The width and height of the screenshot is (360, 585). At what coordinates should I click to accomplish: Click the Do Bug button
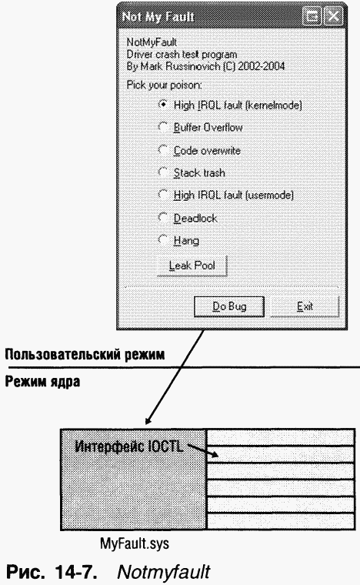click(x=229, y=306)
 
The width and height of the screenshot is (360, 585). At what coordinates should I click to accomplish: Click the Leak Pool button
click(x=192, y=266)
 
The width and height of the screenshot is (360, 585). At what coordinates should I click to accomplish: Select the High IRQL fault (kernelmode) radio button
click(x=163, y=105)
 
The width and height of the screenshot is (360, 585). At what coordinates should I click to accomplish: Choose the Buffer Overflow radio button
click(x=163, y=127)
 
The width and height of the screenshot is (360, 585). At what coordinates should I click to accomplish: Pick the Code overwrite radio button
click(x=163, y=149)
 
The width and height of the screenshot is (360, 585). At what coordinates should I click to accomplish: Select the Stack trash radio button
click(x=163, y=172)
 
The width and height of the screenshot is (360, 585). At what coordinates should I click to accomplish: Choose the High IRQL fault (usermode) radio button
click(x=163, y=195)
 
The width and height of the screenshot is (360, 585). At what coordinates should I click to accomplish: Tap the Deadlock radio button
click(x=163, y=217)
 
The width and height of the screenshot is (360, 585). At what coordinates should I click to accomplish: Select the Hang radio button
click(x=163, y=239)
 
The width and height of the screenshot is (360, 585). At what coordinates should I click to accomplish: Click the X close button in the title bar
click(x=333, y=16)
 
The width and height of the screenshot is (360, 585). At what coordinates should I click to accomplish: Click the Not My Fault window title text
click(x=158, y=17)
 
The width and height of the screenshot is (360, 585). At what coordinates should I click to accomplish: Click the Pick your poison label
click(x=164, y=85)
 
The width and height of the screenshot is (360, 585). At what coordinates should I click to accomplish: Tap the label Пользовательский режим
click(x=85, y=354)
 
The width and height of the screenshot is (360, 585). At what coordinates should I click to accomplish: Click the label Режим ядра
click(x=42, y=382)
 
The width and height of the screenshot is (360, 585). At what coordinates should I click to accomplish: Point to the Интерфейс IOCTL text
click(x=129, y=446)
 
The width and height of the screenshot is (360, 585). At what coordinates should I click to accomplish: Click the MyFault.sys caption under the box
click(x=135, y=543)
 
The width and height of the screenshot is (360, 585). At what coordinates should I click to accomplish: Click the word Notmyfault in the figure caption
click(x=164, y=571)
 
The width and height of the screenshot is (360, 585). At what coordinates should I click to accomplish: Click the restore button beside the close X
click(x=312, y=16)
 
